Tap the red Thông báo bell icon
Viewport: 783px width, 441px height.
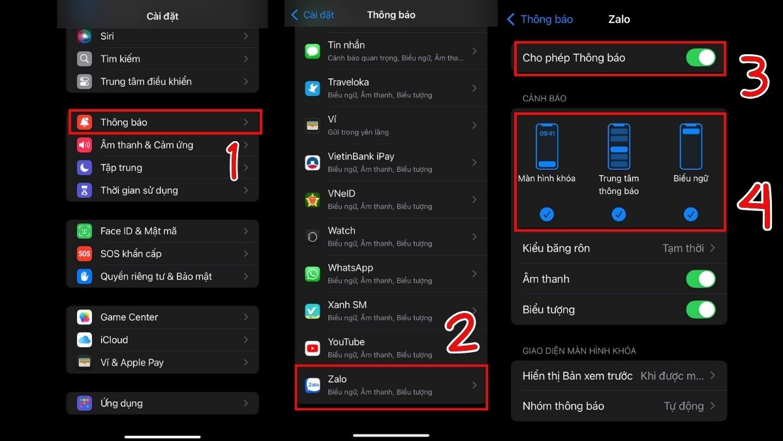[84, 122]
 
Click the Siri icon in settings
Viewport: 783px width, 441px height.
[84, 36]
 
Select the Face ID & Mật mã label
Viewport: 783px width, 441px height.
[138, 231]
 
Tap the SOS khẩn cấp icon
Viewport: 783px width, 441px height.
[84, 253]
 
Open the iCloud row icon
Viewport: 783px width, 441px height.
[84, 340]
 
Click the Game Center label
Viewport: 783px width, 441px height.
[129, 317]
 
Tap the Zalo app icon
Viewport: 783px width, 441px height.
[313, 385]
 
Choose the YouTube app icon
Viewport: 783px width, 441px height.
[313, 348]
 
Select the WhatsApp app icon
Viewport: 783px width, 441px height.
[313, 274]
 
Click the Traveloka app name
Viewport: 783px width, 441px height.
[348, 82]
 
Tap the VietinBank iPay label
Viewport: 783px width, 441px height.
[361, 156]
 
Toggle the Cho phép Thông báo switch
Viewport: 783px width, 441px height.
[701, 57]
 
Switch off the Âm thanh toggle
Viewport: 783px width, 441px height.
[701, 279]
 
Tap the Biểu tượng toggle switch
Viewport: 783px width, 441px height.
[701, 310]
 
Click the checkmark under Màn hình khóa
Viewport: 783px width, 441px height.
[547, 214]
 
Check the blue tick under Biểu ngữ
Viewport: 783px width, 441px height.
[691, 214]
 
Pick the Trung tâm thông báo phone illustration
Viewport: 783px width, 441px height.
[619, 146]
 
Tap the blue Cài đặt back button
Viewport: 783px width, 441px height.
[313, 14]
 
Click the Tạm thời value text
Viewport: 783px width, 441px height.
[683, 248]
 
